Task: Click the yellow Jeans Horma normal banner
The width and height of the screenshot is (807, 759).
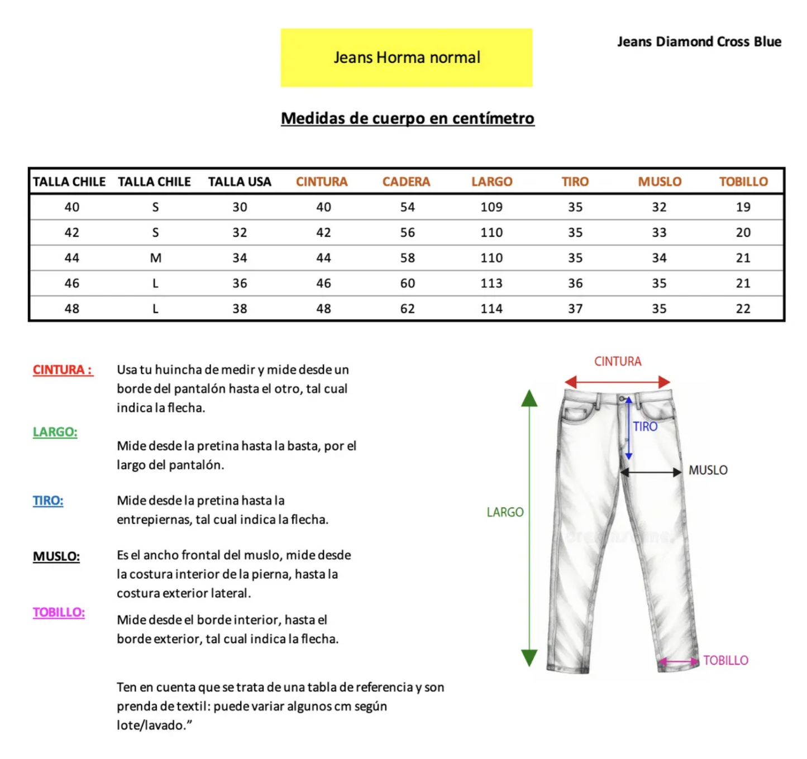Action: [x=406, y=57]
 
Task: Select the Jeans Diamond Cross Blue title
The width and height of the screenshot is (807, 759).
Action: [x=699, y=42]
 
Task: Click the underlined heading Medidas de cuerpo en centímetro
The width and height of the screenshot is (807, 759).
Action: [x=407, y=118]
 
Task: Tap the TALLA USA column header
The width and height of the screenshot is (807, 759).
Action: [x=240, y=182]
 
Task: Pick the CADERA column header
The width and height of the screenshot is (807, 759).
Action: [x=406, y=182]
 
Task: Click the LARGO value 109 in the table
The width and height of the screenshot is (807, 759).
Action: [x=491, y=207]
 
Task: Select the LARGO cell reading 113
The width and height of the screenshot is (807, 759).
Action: [x=491, y=284]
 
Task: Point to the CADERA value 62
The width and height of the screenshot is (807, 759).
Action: [x=407, y=309]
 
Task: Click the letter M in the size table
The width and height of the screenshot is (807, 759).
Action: [x=155, y=258]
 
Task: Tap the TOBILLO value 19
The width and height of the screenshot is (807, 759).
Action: [x=743, y=207]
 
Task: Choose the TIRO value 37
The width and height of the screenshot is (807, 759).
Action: [x=575, y=309]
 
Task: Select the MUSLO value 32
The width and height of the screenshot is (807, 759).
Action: [x=659, y=207]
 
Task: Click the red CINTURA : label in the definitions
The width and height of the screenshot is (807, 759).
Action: [x=63, y=370]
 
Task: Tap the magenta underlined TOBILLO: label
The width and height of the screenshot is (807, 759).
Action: [x=59, y=612]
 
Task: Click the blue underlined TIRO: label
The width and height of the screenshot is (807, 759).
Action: [x=48, y=501]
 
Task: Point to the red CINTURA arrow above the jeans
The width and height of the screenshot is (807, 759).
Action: [x=617, y=382]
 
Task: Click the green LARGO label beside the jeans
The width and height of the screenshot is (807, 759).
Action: [x=505, y=512]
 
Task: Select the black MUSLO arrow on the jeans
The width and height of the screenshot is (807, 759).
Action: [x=651, y=472]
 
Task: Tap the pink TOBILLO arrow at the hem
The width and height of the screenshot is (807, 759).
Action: [x=679, y=661]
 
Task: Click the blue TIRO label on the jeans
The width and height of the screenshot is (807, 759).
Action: [x=645, y=427]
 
